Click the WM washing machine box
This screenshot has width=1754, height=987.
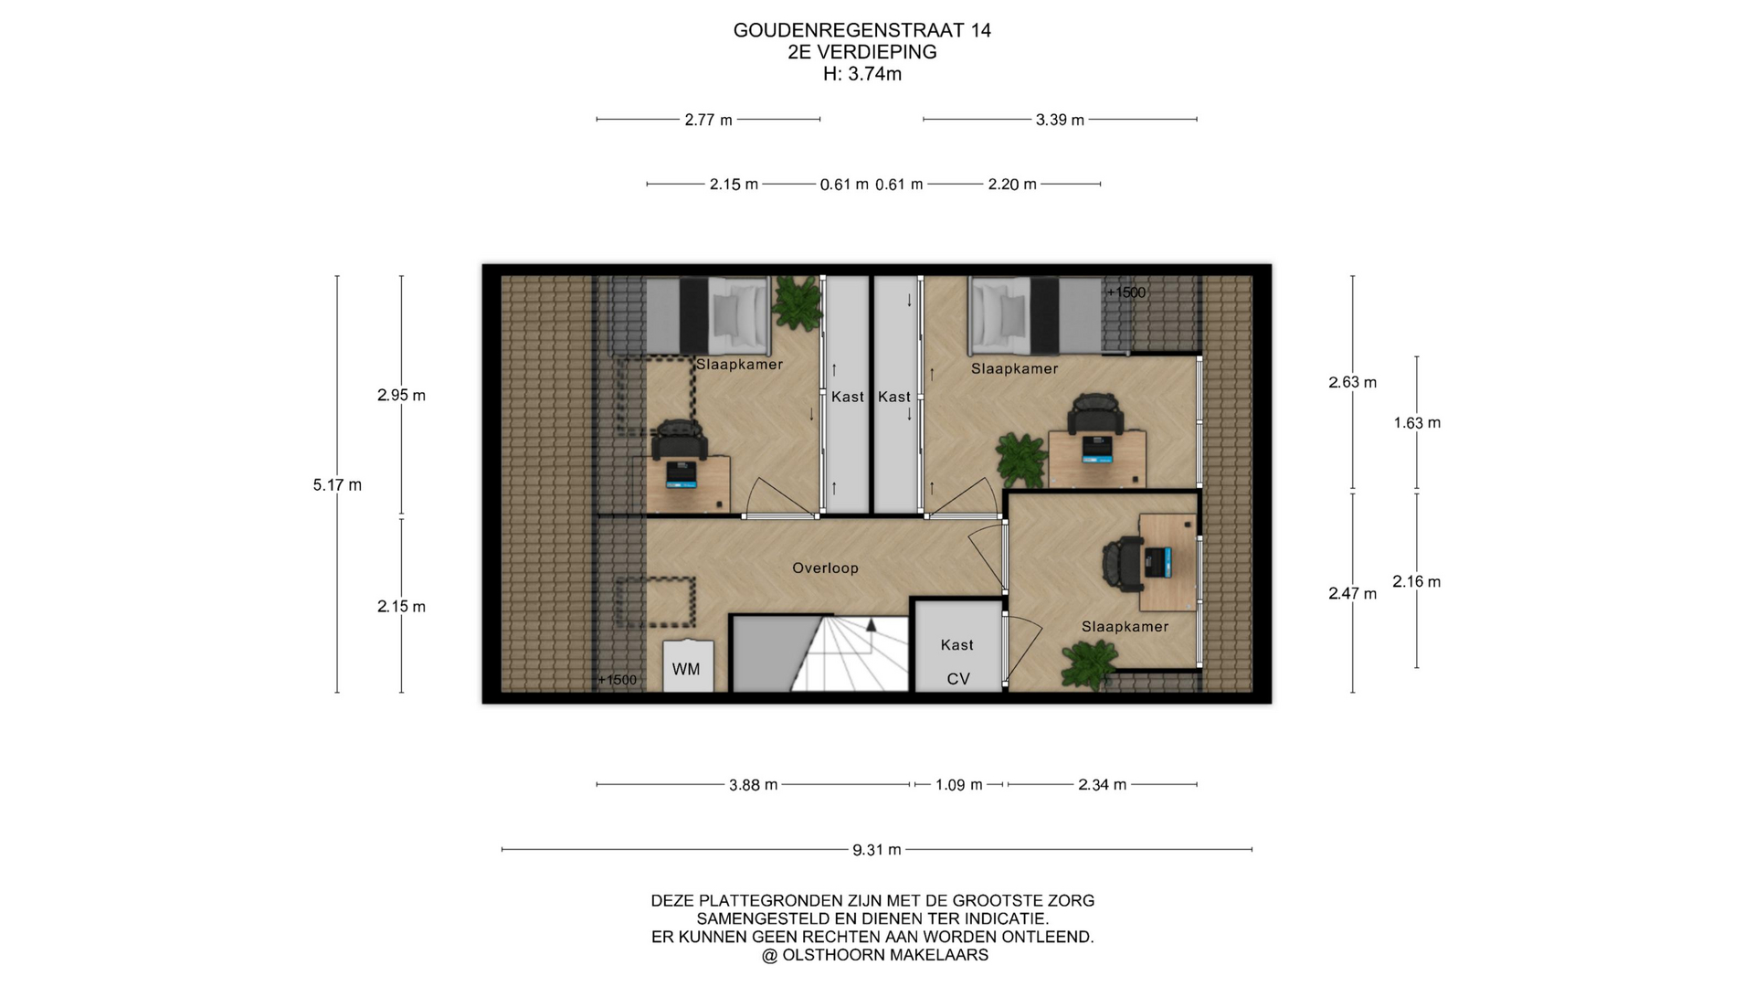pos(688,665)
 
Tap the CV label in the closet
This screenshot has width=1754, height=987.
pos(958,679)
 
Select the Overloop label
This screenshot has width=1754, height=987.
pos(825,568)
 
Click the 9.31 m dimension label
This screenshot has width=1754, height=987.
pos(877,850)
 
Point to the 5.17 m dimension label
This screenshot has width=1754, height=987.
pos(337,485)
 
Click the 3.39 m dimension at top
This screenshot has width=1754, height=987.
pos(1060,120)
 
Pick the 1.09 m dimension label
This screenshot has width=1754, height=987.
pos(958,785)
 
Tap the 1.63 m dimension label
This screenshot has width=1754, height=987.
pos(1417,423)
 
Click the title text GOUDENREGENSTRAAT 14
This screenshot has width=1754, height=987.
pos(862,30)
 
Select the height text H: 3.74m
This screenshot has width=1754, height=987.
pos(862,74)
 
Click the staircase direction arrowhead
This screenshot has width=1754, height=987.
pos(872,625)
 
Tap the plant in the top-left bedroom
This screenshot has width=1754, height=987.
pos(797,302)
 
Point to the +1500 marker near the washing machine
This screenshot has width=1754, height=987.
pos(618,680)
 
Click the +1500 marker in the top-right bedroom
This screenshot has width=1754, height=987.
pos(1125,292)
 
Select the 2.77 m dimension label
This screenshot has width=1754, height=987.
pos(709,120)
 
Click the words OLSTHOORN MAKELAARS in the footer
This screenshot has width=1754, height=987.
pos(885,955)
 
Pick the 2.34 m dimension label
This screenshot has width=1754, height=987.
pos(1103,785)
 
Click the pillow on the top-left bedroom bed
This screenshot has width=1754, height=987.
pos(739,314)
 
